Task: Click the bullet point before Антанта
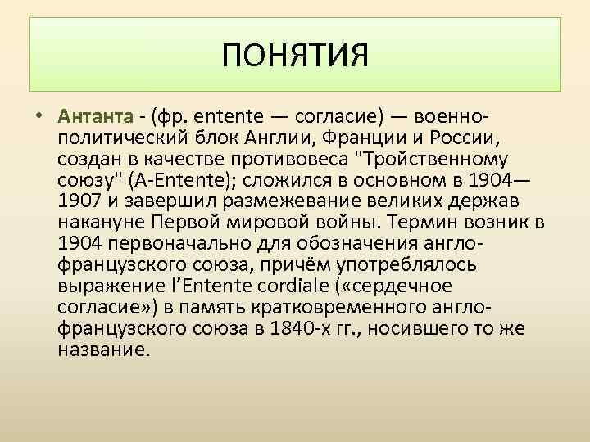click(x=39, y=114)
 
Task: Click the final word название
click(x=104, y=350)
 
